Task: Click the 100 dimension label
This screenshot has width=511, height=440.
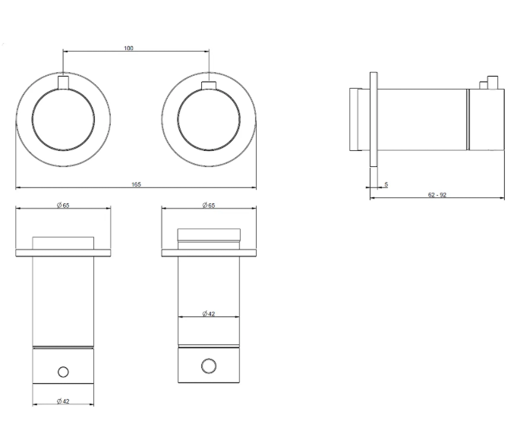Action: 128,49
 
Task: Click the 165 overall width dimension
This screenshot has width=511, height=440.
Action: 136,184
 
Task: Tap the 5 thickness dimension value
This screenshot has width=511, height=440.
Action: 386,184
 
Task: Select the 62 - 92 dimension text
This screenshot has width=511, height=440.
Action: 437,195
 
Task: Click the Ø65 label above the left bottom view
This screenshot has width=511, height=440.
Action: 63,205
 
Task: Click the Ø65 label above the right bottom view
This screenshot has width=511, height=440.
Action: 209,205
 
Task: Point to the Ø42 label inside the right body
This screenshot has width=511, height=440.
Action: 209,313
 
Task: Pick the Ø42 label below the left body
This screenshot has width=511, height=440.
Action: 63,401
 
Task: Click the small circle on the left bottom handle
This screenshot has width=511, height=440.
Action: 63,372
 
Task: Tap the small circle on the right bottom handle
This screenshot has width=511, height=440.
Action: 209,366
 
